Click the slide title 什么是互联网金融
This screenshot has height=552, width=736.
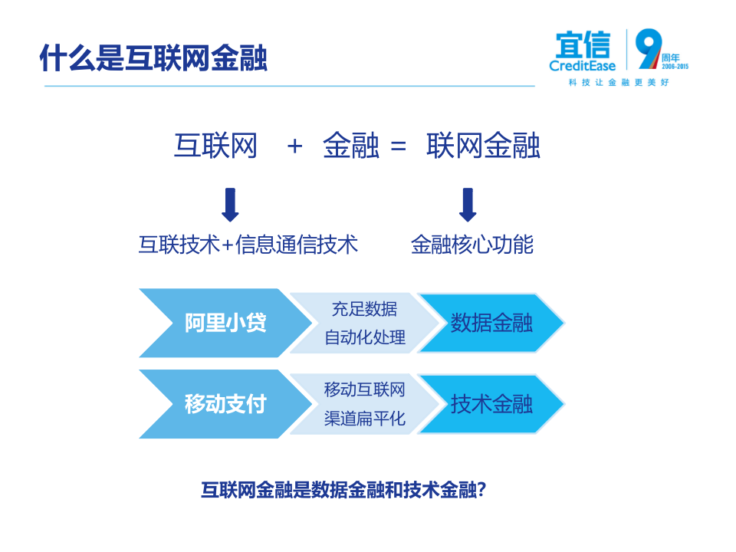pyautogui.click(x=153, y=58)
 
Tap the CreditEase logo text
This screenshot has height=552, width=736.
pyautogui.click(x=583, y=65)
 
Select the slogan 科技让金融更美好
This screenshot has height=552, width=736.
pyautogui.click(x=619, y=82)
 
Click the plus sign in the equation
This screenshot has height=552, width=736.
pyautogui.click(x=295, y=146)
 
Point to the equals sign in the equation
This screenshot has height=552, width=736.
pyautogui.click(x=398, y=146)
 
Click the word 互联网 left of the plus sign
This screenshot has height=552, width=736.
pyautogui.click(x=215, y=146)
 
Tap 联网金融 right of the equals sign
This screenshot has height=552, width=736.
pyautogui.click(x=483, y=146)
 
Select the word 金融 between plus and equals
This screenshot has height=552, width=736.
pyautogui.click(x=350, y=146)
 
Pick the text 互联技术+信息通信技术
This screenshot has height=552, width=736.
pyautogui.click(x=248, y=245)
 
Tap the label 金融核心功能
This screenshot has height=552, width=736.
pyautogui.click(x=472, y=245)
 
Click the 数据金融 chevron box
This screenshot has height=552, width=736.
pyautogui.click(x=491, y=323)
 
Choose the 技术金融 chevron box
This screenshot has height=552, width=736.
pyautogui.click(x=491, y=403)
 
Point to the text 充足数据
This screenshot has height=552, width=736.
pyautogui.click(x=364, y=309)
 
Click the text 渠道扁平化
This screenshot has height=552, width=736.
pyautogui.click(x=364, y=419)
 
